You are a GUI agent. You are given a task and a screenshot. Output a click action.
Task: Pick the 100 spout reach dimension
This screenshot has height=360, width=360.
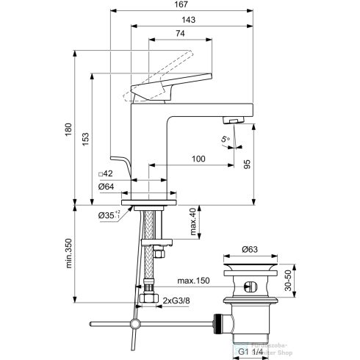point(198,159)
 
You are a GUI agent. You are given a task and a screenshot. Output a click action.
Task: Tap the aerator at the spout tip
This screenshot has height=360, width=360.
point(233,121)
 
